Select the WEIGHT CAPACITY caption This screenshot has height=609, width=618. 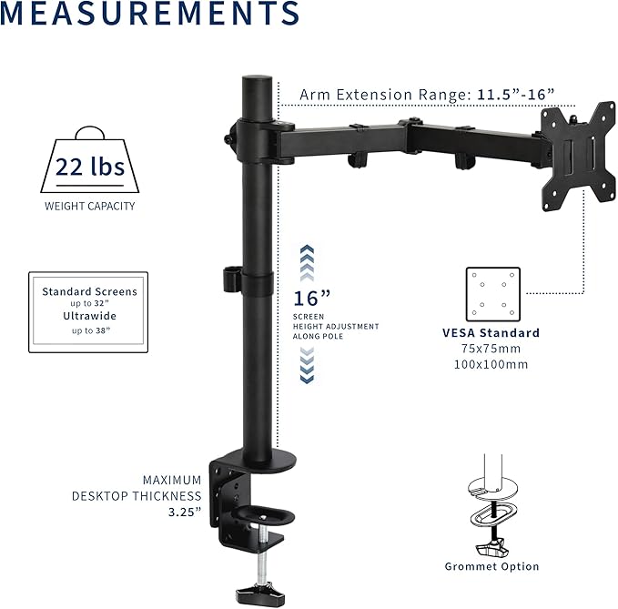(90, 206)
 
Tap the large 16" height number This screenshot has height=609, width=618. (312, 299)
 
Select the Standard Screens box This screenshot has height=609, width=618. (90, 312)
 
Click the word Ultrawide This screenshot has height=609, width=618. (90, 316)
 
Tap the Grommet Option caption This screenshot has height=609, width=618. (491, 566)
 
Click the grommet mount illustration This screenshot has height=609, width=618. (491, 510)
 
